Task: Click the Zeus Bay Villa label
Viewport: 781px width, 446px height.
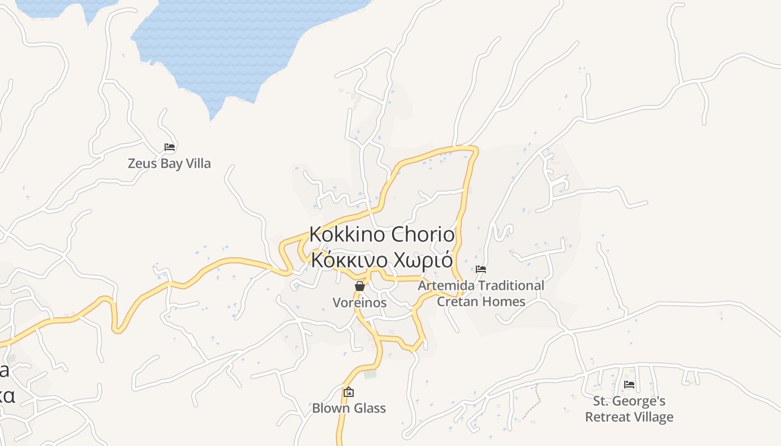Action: (x=169, y=163)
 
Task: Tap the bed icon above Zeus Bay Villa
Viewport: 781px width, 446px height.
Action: (x=170, y=147)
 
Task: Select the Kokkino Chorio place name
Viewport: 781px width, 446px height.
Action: (x=382, y=235)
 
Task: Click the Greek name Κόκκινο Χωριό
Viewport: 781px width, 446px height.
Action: (x=382, y=260)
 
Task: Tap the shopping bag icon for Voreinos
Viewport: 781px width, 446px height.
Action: (x=360, y=286)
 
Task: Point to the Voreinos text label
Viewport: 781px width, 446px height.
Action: (x=360, y=302)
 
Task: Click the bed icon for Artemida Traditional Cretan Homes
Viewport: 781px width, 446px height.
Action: (x=481, y=269)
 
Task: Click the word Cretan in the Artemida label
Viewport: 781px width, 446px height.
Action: (x=456, y=302)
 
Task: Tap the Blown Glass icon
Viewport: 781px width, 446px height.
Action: (x=349, y=392)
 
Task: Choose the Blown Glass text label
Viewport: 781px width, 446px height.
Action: (x=349, y=408)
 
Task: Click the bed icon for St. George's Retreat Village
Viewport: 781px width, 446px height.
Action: (x=629, y=385)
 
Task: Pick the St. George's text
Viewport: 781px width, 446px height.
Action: (x=629, y=401)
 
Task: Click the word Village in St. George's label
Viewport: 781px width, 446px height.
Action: (x=654, y=417)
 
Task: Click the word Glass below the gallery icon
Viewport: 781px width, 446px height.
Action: (x=368, y=408)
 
